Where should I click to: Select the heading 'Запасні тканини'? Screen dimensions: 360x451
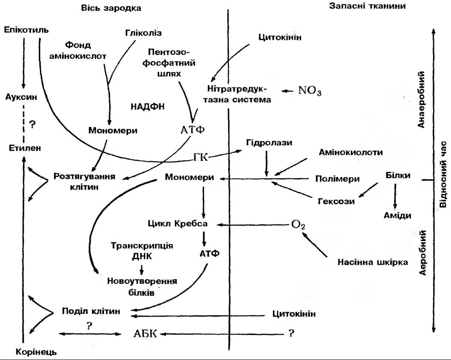[x=368, y=6]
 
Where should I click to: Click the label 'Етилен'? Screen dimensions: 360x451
[x=24, y=149]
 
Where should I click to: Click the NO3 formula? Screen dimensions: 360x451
[x=309, y=91]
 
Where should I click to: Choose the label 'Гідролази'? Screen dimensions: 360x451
[x=269, y=143]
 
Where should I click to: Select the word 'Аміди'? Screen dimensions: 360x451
[x=397, y=215]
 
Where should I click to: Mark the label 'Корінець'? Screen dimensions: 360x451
[x=36, y=352]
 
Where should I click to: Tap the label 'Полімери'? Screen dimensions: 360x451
[x=337, y=179]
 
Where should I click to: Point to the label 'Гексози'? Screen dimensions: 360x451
[x=336, y=201]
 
